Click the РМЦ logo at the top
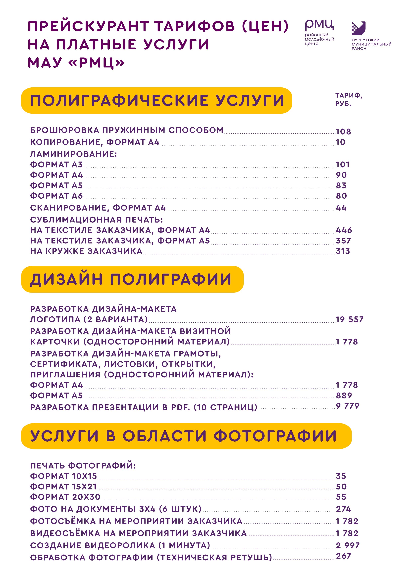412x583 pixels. (319, 32)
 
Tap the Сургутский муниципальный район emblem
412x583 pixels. (359, 28)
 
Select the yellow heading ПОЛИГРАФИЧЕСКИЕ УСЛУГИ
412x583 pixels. (157, 100)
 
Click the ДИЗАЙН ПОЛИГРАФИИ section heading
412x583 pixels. (131, 279)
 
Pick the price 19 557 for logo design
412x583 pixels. (350, 319)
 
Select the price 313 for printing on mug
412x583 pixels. (343, 251)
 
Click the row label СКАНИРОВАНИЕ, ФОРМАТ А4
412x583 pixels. (98, 208)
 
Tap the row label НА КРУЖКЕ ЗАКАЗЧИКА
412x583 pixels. (86, 251)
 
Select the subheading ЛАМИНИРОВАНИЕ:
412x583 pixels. (73, 154)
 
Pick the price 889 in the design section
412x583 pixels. (344, 395)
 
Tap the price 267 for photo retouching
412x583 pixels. (343, 556)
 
